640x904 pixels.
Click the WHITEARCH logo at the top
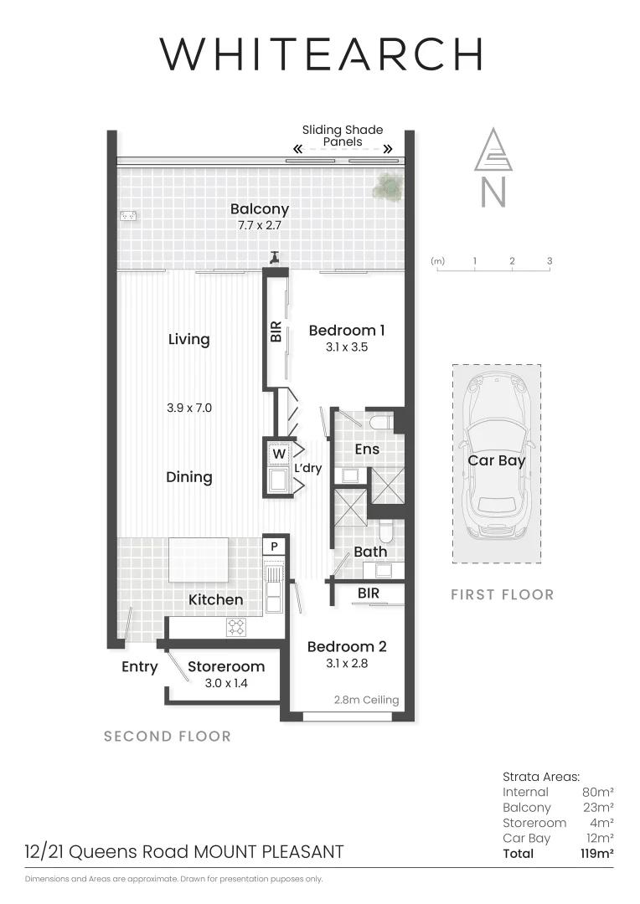[x=322, y=54]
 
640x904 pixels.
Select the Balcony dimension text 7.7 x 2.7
[x=260, y=226]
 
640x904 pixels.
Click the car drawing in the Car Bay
[x=496, y=461]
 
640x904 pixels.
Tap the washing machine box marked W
[x=277, y=454]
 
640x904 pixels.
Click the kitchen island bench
[x=199, y=559]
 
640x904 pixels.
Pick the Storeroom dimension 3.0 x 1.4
[x=226, y=683]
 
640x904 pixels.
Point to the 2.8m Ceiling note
[x=366, y=700]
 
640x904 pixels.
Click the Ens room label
[x=367, y=449]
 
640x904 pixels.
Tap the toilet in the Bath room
[x=385, y=532]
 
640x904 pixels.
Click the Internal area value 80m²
[x=597, y=792]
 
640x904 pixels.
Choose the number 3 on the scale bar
[x=550, y=261]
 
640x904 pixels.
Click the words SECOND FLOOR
[x=167, y=737]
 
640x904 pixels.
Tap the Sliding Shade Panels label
[x=342, y=136]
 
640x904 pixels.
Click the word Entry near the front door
[x=139, y=666]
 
